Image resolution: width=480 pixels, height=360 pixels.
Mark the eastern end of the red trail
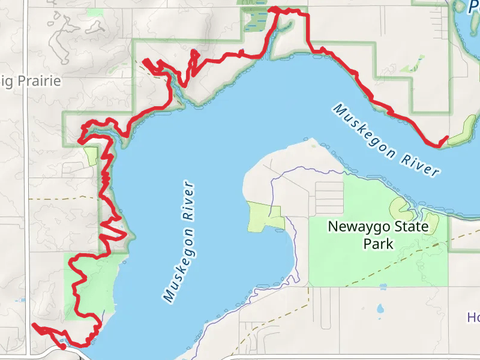coord(447,138)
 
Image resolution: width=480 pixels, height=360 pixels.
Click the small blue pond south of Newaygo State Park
coord(379,310)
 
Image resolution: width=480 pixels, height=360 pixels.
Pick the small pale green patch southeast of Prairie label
coord(91,157)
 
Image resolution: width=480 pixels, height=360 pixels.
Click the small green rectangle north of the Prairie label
coord(94,12)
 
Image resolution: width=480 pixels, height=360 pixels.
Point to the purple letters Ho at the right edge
coord(474,317)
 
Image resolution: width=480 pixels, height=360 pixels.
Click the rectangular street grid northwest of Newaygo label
coord(329,199)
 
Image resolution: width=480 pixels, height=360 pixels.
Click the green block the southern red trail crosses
coord(90,282)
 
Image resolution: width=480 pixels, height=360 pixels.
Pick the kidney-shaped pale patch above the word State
coord(400,209)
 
